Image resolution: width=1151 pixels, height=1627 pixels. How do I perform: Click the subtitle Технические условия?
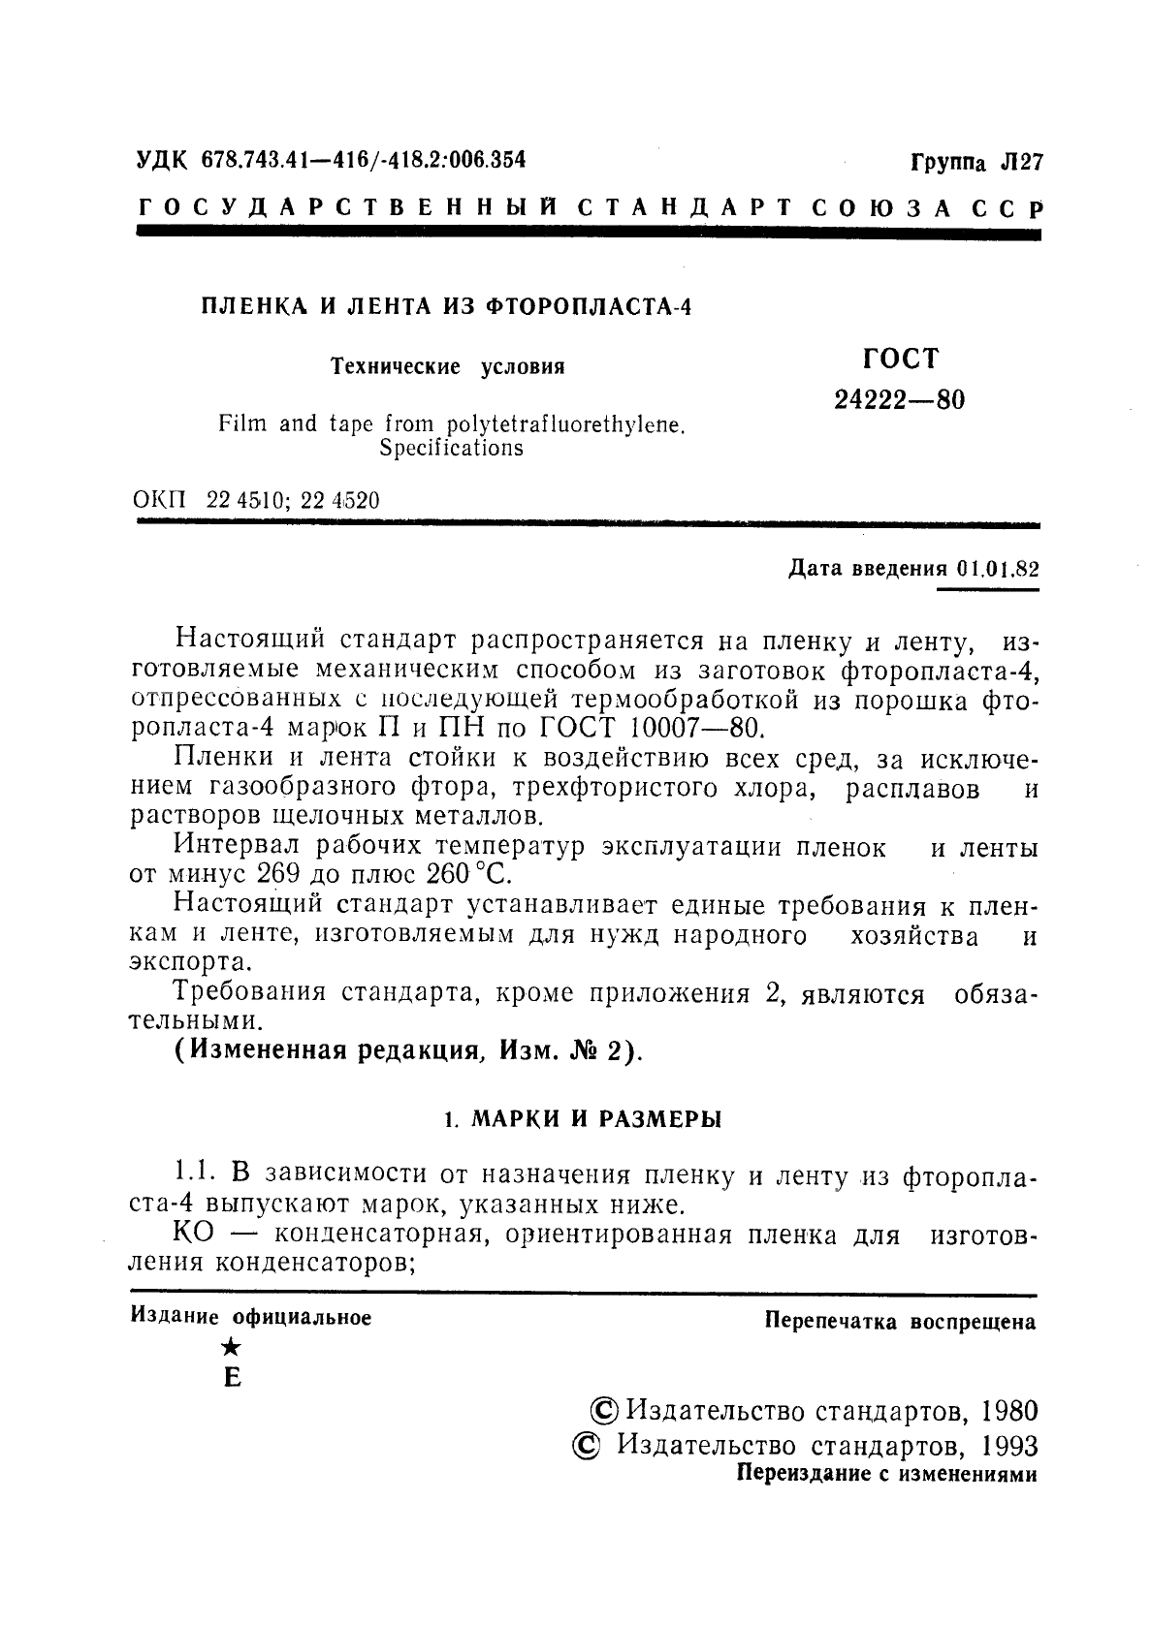click(x=448, y=367)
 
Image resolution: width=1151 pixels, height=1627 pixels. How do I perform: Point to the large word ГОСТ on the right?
click(x=901, y=359)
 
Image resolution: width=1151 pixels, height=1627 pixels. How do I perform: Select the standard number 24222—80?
click(x=899, y=400)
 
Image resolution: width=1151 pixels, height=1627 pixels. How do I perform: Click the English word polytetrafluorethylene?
click(x=565, y=424)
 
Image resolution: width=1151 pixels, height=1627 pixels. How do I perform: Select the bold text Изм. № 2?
click(x=568, y=1050)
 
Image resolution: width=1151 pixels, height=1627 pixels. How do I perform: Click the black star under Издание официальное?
click(x=231, y=1347)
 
